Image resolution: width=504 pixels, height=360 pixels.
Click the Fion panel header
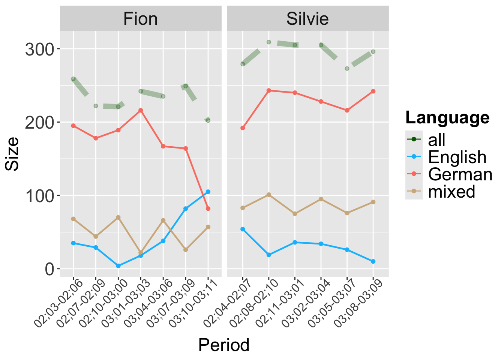click(x=141, y=19)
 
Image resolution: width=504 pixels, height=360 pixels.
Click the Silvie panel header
click(x=307, y=19)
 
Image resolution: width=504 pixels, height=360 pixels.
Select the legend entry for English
click(x=457, y=157)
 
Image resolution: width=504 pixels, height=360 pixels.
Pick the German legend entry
click(x=460, y=174)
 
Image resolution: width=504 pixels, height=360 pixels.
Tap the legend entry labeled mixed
click(x=451, y=192)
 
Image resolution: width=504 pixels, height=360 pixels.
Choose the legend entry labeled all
click(x=436, y=140)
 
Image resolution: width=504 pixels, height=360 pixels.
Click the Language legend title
click(x=447, y=118)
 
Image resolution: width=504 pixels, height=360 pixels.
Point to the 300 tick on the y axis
click(x=39, y=49)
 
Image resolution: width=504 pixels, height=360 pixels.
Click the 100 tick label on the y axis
click(x=39, y=196)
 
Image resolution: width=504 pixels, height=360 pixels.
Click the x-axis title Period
click(x=224, y=345)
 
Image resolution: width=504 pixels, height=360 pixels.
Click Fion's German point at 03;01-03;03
click(x=141, y=110)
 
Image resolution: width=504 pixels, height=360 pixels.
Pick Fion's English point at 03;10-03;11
click(x=208, y=192)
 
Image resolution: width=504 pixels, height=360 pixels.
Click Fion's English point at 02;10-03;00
click(x=118, y=266)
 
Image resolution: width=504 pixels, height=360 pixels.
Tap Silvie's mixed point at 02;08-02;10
click(x=268, y=195)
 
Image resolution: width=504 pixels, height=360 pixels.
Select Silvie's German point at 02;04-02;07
click(x=243, y=128)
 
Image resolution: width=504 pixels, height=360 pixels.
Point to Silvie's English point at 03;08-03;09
click(x=373, y=261)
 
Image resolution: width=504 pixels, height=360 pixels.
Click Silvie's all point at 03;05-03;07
click(x=347, y=68)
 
